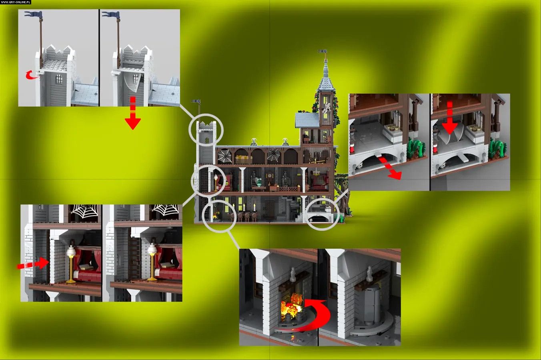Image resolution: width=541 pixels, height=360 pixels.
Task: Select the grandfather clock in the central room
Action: [x=269, y=179]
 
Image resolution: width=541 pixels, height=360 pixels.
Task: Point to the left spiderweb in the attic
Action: [x=224, y=156]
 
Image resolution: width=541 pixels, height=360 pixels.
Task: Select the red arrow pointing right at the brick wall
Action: [x=33, y=263]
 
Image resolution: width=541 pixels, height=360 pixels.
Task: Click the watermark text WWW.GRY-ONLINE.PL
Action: [x=16, y=2]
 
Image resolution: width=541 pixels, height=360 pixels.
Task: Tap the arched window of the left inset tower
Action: [x=59, y=79]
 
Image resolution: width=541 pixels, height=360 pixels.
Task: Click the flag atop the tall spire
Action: [x=322, y=51]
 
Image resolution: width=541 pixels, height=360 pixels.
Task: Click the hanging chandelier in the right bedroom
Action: [x=316, y=173]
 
